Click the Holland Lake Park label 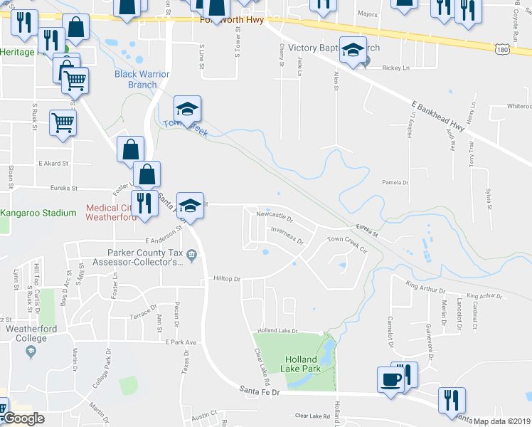(x=305, y=364)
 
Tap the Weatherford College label (x=26, y=333)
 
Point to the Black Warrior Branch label (x=136, y=79)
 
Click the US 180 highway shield (x=502, y=48)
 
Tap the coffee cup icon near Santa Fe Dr (x=390, y=379)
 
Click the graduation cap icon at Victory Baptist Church (x=352, y=51)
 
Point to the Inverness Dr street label (x=287, y=235)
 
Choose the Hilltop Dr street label (x=228, y=279)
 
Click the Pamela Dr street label (x=395, y=182)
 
